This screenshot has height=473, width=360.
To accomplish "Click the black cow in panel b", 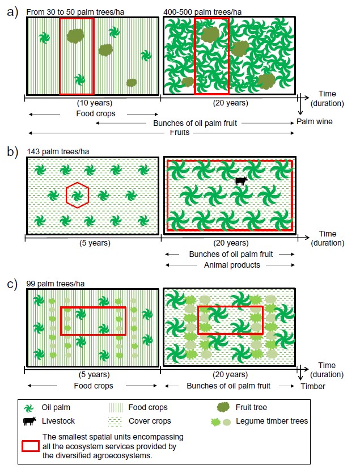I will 242,181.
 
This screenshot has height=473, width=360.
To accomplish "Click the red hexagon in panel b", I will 78,196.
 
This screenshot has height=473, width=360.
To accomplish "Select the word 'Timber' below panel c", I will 313,386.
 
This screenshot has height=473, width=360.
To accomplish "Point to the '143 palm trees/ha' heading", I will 58,151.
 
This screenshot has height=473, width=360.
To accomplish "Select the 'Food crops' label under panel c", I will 94,386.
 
